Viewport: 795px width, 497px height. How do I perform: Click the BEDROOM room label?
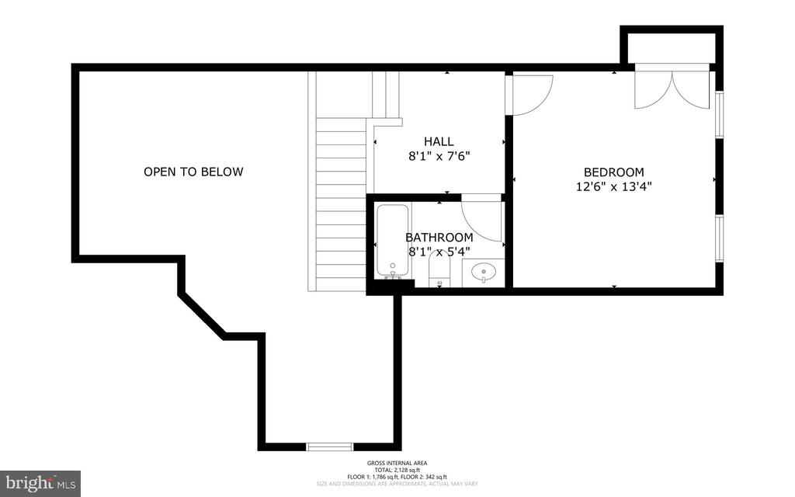613,172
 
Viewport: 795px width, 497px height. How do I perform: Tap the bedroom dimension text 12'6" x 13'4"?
613,186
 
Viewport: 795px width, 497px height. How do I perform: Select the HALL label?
439,141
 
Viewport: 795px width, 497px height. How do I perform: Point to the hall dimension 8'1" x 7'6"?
439,155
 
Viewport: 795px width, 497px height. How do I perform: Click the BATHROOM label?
439,237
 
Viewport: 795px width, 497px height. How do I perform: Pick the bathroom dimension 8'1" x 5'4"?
439,251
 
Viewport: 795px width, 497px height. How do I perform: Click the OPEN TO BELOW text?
193,172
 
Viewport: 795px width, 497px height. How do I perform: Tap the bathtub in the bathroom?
393,240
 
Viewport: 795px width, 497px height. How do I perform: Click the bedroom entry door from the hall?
529,93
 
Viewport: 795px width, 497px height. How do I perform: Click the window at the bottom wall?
330,447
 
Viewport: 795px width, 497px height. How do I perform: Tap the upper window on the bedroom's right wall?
720,115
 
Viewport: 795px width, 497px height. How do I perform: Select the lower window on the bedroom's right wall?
720,238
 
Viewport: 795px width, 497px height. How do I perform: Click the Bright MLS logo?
40,482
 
